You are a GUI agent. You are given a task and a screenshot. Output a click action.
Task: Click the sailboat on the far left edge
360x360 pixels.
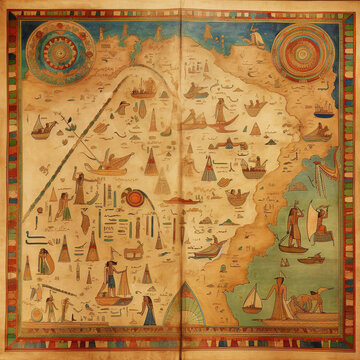(41, 127)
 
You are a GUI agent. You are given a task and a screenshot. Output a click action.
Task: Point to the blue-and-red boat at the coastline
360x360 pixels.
(205, 250)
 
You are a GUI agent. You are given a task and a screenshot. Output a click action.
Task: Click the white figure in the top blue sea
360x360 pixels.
(257, 38)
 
